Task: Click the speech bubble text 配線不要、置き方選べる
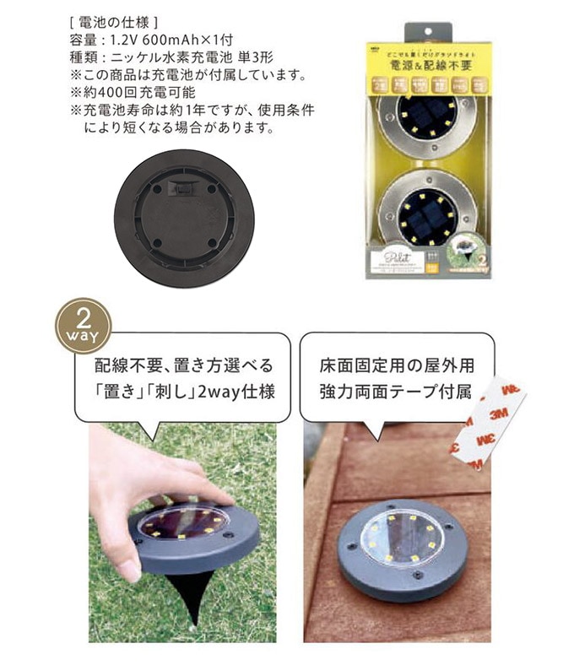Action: pos(184,366)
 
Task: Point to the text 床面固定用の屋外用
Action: pos(397,366)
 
